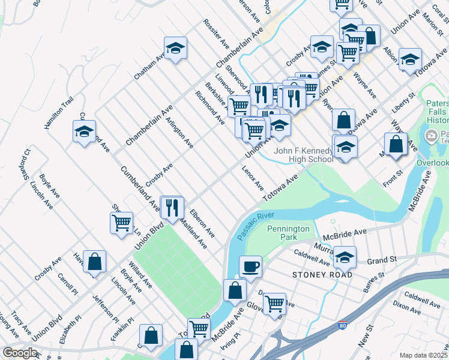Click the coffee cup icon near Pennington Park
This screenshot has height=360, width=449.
coord(250,265)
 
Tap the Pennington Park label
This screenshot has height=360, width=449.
coord(288,233)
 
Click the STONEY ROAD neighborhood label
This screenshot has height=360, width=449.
coord(322,274)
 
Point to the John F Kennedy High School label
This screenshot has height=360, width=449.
coord(303,155)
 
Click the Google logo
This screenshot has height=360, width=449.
coord(20,352)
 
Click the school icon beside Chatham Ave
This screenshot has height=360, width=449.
coord(175,49)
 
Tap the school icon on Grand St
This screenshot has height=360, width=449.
coord(345,257)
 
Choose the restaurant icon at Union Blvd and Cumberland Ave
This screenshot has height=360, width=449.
coord(172,207)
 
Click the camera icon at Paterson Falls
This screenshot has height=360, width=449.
coord(431,136)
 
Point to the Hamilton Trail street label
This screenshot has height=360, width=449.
coord(58,112)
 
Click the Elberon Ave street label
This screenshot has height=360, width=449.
coord(202,222)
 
